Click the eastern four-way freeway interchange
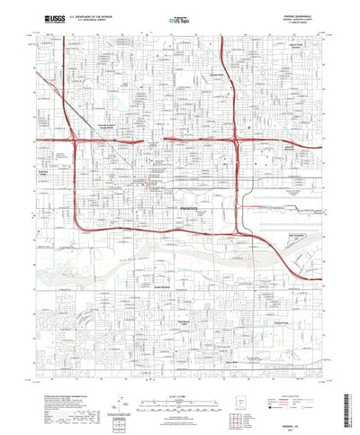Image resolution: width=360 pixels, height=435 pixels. (236, 141)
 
